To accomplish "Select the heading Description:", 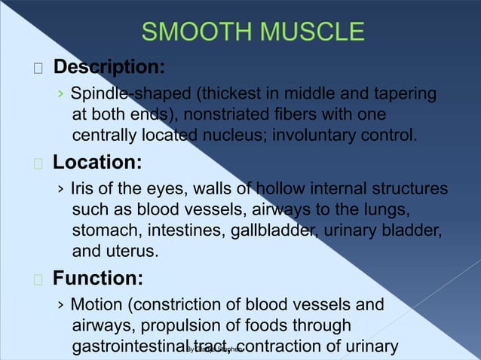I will coord(109,67).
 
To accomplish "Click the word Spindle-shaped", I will coord(121,95).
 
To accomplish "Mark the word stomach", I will coord(104,230).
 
